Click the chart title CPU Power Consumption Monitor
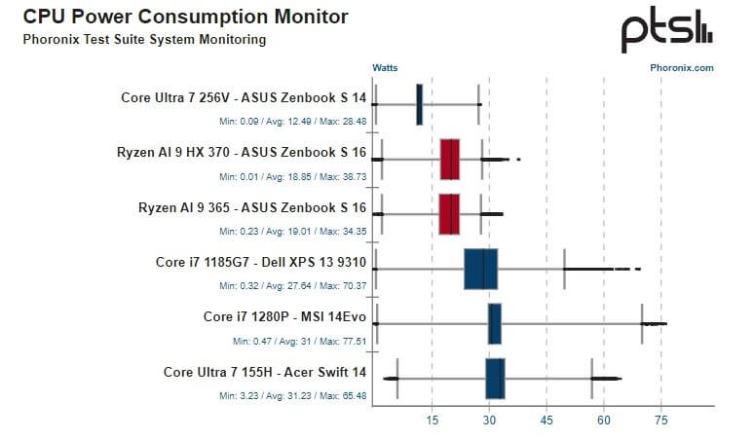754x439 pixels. pos(185,18)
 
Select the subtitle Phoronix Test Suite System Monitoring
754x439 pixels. pos(144,40)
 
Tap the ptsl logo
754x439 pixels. pos(667,32)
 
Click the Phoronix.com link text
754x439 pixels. pos(682,68)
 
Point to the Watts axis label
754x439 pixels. pos(385,68)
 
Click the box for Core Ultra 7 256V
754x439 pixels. pos(419,104)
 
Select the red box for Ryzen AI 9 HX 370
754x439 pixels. pos(450,159)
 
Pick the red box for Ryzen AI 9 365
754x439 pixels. pos(449,213)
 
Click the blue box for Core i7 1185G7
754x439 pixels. pos(481,269)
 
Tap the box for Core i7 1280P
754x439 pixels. pos(494,323)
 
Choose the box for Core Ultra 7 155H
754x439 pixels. pos(495,379)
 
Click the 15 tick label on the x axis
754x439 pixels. pos(432,420)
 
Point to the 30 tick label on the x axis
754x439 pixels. pos(489,420)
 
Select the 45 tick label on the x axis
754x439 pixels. pos(547,420)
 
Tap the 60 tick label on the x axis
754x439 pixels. pos(604,420)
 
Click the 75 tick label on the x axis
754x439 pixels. pos(661,420)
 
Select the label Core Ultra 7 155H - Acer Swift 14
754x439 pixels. pos(265,371)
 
